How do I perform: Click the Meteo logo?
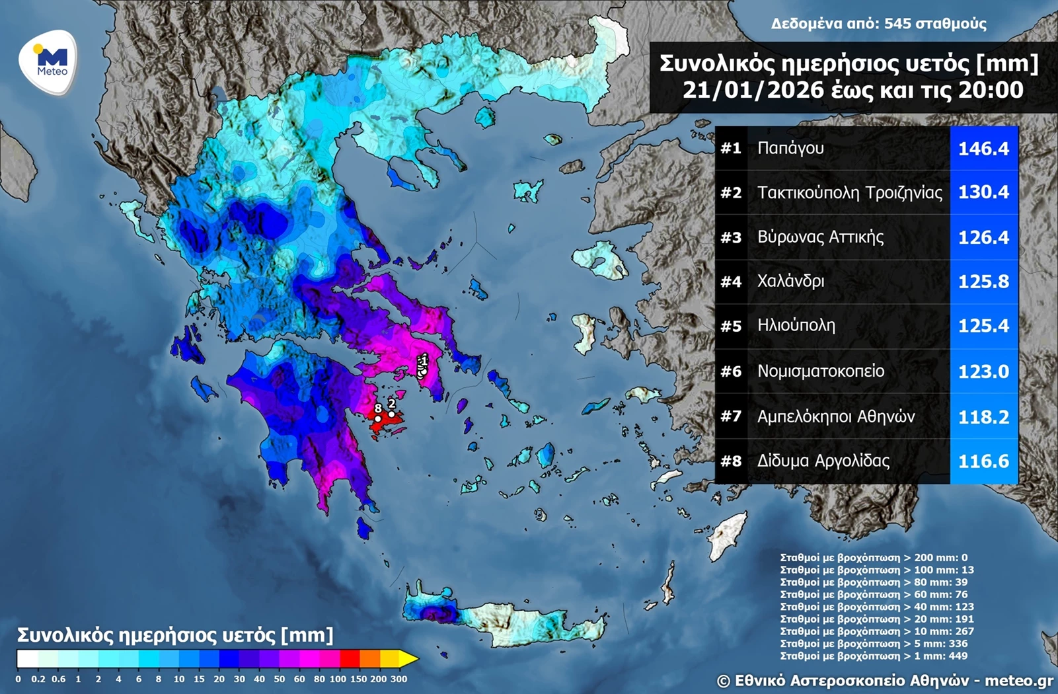48,62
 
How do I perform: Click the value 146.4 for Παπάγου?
983,148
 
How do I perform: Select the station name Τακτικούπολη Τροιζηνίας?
849,192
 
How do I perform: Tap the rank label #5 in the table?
731,326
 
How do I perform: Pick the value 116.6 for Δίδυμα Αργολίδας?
983,461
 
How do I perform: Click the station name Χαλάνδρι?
790,282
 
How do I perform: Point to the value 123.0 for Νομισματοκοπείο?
983,371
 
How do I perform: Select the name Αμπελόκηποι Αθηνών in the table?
836,416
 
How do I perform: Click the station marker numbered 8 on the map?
378,418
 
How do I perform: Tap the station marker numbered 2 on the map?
392,414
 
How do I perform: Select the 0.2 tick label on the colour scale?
38,679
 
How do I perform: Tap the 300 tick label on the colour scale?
398,679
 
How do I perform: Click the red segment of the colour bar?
350,659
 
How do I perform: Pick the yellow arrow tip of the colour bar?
411,659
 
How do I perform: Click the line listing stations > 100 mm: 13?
876,570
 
